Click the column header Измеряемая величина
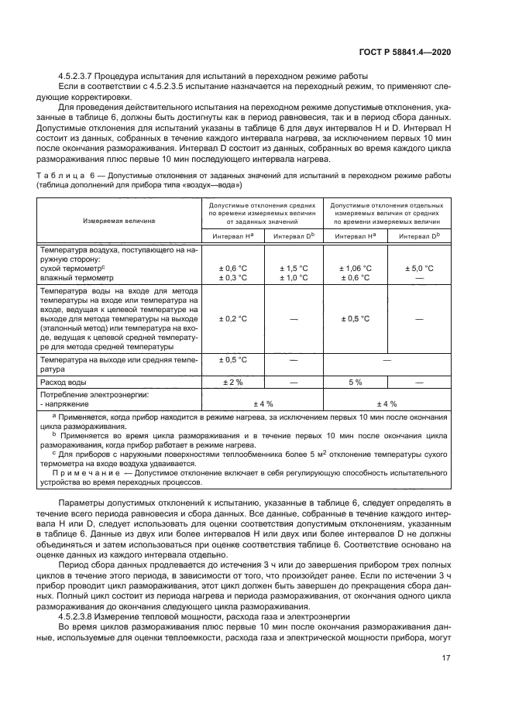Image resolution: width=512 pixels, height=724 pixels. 119,221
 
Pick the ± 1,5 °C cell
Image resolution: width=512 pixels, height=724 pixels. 294,268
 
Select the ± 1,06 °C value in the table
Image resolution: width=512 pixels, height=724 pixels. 356,268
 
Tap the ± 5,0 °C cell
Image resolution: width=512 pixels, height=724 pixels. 418,268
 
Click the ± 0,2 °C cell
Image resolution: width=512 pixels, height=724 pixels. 232,318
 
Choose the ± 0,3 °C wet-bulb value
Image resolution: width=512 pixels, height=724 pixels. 232,277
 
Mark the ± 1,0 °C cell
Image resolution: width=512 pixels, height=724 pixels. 294,277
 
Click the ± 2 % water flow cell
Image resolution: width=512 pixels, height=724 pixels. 232,383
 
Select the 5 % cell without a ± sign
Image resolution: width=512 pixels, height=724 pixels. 356,383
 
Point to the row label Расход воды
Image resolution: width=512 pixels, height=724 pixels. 63,383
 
